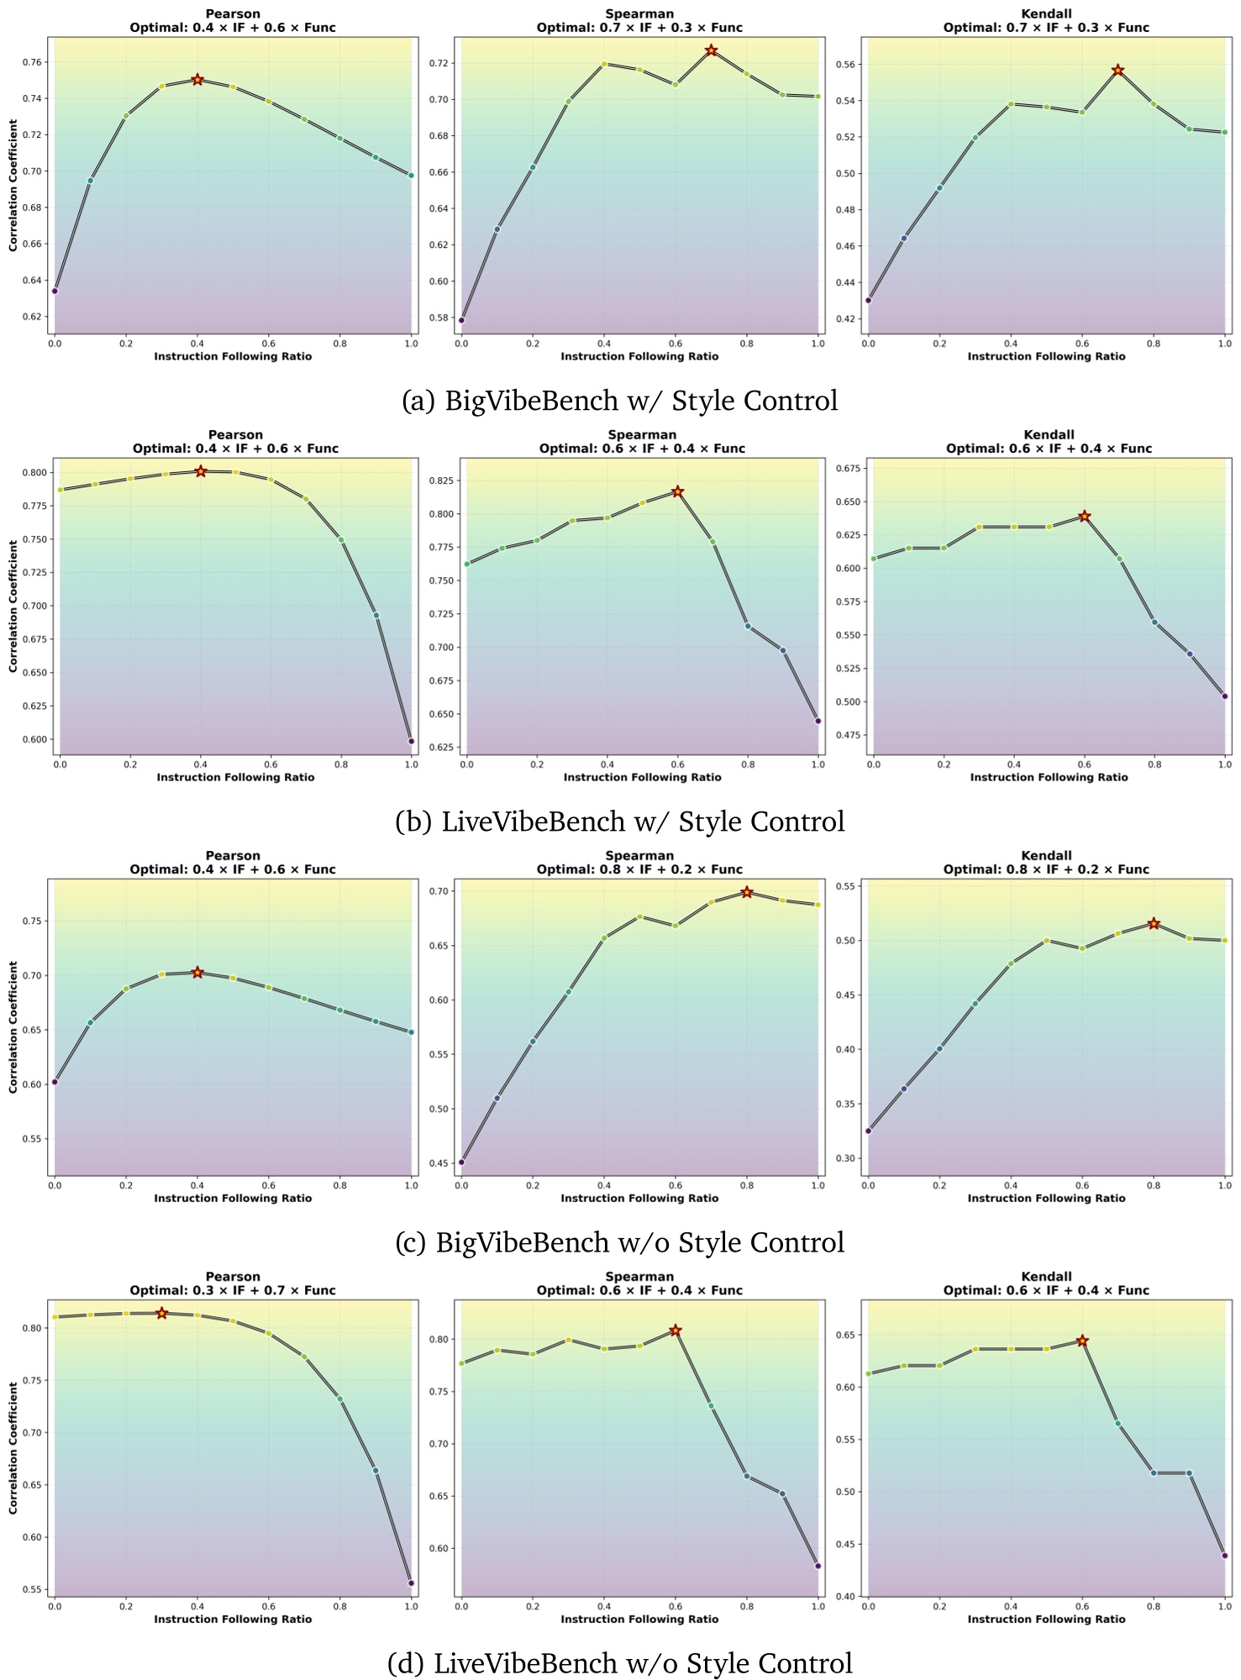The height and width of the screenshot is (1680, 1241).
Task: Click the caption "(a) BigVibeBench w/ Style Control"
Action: click(619, 401)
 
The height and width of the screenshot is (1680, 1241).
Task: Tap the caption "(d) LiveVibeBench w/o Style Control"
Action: click(619, 1663)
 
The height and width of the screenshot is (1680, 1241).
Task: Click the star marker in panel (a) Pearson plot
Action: click(197, 80)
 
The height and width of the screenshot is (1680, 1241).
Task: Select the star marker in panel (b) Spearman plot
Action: click(677, 491)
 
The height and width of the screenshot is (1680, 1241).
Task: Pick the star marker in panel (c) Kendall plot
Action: click(1154, 923)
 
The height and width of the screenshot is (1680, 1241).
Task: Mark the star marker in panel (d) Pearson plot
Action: click(161, 1313)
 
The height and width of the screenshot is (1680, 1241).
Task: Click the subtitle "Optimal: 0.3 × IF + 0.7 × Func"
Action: click(233, 1290)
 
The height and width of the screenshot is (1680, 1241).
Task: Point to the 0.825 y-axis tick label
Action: click(443, 480)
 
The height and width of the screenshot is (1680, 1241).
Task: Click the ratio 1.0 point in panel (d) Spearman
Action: click(818, 1566)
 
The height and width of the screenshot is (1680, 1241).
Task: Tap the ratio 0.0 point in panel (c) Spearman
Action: click(461, 1163)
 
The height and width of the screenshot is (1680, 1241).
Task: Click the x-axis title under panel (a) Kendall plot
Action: click(1046, 356)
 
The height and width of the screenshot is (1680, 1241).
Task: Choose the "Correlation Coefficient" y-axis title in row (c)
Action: click(13, 1026)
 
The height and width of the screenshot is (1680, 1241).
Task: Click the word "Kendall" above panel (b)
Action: click(1049, 434)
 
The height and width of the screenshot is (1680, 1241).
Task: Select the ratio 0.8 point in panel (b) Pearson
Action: click(341, 539)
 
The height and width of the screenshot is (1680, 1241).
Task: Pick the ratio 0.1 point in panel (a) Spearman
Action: click(497, 228)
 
